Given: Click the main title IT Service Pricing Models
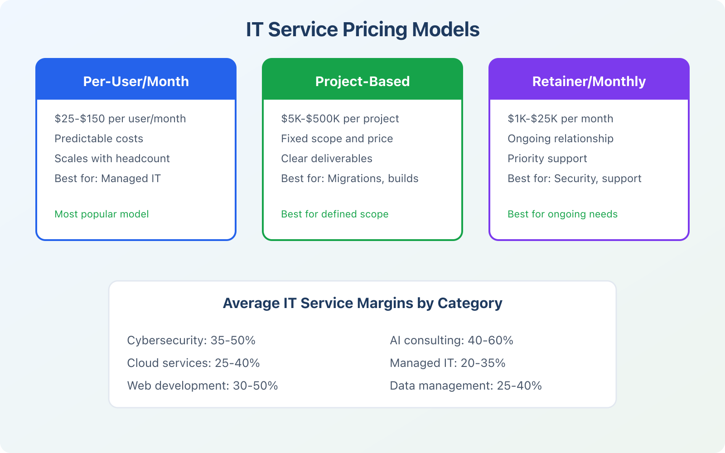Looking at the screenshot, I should (x=362, y=30).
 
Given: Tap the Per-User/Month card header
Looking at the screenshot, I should (x=136, y=81).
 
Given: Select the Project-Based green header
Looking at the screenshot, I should (x=362, y=81).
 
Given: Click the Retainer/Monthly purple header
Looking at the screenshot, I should (x=589, y=81).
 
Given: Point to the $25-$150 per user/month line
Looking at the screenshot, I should (x=120, y=119).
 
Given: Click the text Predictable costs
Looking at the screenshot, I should (x=99, y=139).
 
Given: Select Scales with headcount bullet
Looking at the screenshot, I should (x=112, y=159).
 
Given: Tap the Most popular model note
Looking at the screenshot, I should (x=101, y=214).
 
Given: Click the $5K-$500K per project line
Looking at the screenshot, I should (x=340, y=119).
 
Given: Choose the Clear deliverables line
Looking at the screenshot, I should (x=326, y=159).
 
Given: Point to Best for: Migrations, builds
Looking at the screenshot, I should (x=349, y=178).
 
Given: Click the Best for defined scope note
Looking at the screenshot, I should (x=334, y=214).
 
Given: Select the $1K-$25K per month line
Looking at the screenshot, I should (x=560, y=119).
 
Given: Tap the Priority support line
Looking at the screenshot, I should (x=547, y=159).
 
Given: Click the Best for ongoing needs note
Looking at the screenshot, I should (x=562, y=214).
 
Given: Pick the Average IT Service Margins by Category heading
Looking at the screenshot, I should (x=362, y=303).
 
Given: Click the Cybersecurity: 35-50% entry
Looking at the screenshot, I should (x=191, y=341).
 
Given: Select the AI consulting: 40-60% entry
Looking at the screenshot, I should (x=451, y=341).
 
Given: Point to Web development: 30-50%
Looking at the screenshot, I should (x=202, y=386).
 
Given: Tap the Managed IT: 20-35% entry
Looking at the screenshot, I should (x=447, y=363).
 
